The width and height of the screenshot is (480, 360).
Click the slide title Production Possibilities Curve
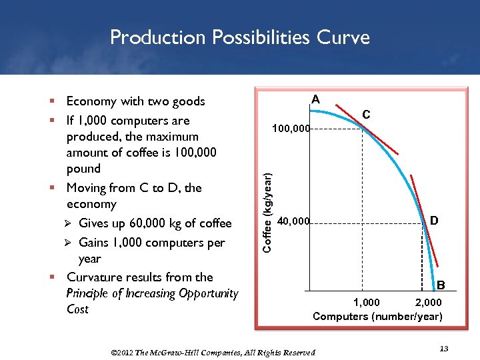click(239, 37)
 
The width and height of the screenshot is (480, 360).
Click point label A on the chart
click(316, 100)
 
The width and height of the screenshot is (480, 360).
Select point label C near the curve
click(366, 115)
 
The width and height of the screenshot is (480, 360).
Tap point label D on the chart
click(433, 220)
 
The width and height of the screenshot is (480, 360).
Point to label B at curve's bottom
click(441, 286)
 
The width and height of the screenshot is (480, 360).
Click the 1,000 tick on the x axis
click(366, 303)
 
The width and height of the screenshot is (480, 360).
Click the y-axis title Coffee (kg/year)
click(267, 212)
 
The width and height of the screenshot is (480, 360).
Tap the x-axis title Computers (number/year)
click(377, 316)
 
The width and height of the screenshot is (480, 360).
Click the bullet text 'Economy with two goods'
click(135, 101)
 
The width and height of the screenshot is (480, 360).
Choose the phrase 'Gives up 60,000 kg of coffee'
click(155, 223)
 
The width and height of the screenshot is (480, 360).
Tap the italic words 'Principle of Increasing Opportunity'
click(152, 293)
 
